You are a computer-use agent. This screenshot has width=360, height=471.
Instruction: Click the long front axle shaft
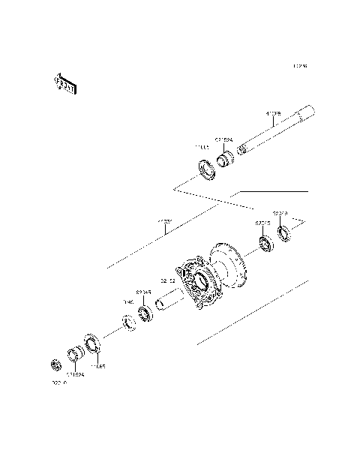[277, 133]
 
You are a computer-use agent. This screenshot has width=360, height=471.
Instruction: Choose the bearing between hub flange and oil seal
[265, 243]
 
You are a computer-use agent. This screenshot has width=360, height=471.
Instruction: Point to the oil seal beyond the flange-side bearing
[284, 233]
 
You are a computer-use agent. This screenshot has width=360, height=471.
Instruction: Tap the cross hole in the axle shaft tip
[241, 149]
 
